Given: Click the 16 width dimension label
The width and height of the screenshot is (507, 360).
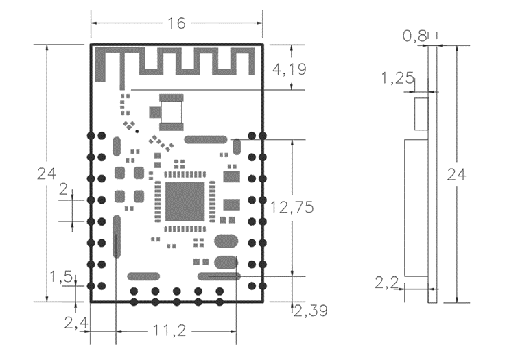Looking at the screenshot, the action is [176, 23].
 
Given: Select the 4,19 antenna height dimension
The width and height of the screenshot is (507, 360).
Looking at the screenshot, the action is [289, 69].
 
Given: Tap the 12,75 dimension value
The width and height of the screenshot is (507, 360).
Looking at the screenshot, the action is [292, 207].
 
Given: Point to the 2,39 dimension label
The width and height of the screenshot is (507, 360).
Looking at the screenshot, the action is [311, 311].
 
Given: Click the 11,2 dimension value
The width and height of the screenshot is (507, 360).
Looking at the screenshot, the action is [169, 331].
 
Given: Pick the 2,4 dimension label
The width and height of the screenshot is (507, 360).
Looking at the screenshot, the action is [76, 323].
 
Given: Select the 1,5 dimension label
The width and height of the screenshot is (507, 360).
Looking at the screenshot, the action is [61, 277].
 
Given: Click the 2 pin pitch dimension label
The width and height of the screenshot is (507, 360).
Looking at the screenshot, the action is [64, 189].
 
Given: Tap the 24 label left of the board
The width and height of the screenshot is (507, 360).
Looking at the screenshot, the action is [47, 173].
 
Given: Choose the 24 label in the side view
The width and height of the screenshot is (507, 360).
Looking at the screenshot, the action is [456, 174].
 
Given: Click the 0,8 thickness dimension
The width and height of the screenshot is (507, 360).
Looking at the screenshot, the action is [414, 36].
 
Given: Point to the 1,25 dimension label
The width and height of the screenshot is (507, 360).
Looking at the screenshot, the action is [398, 78].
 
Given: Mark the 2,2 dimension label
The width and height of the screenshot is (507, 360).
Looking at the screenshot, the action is [387, 283].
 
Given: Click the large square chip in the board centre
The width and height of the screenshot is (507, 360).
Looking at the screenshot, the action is [185, 202].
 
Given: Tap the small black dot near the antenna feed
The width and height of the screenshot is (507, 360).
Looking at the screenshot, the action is [137, 131].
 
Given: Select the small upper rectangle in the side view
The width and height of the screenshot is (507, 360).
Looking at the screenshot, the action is [421, 114].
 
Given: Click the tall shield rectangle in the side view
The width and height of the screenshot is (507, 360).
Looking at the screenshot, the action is [416, 208].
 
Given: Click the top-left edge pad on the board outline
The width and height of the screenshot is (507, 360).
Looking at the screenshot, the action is [91, 136].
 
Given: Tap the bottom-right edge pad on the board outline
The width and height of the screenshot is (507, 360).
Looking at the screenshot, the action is [263, 286].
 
